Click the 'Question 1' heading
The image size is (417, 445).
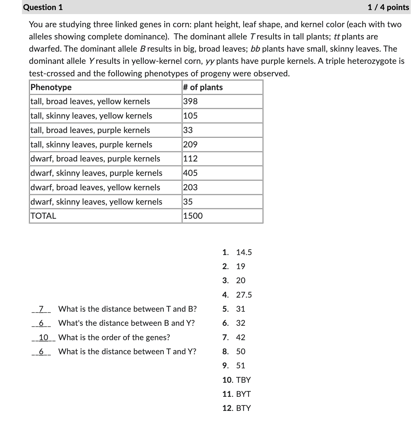coord(43,7)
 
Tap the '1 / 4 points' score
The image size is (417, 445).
coord(388,7)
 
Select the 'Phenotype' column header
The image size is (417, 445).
coord(51,87)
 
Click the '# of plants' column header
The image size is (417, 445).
coord(203,87)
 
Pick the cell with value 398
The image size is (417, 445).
coord(191,101)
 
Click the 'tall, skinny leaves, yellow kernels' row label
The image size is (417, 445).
coord(91,116)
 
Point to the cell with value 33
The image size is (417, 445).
coord(188,130)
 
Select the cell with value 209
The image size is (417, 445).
coord(190,145)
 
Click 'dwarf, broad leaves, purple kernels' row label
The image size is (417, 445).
coord(95,159)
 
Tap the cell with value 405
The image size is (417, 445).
coord(190,173)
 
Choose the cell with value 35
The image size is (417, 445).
coord(188,202)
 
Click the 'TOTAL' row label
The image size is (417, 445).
coord(44,216)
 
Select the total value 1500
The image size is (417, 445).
coord(193,216)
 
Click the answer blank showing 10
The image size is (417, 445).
coord(44,337)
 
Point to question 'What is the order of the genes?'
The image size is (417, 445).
coord(114,337)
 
